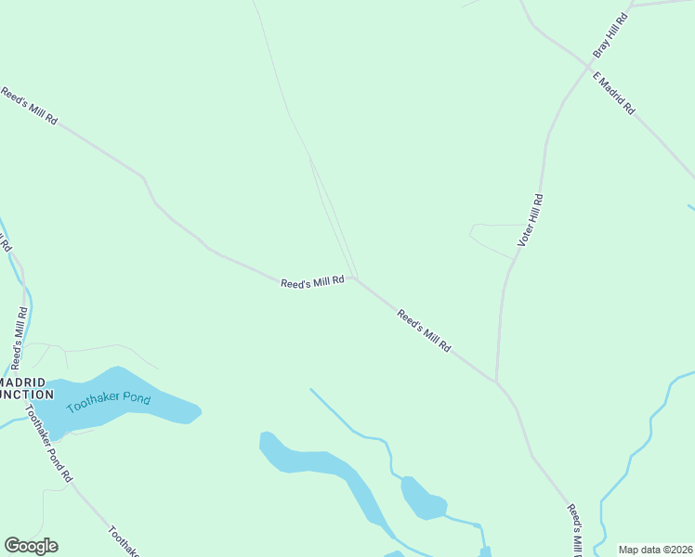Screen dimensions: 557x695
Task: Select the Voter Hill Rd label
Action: [531, 221]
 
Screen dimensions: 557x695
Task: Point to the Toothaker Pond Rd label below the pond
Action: [48, 444]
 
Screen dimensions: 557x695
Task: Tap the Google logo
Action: [31, 546]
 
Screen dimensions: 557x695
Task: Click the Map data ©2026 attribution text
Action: [656, 550]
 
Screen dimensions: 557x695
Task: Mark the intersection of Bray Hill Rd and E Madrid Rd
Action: [590, 67]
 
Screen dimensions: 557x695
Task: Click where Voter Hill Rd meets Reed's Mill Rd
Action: [496, 381]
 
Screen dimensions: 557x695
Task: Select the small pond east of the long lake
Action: [423, 499]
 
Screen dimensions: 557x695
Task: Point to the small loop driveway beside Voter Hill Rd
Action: [492, 237]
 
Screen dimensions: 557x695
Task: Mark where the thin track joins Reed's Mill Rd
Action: [355, 277]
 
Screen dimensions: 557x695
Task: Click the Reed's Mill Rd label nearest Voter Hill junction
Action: [425, 330]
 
